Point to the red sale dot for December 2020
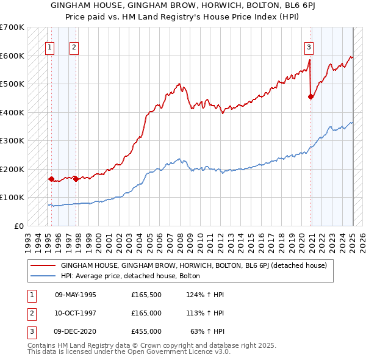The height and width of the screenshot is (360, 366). click(x=311, y=96)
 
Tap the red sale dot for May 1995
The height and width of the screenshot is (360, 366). click(x=51, y=179)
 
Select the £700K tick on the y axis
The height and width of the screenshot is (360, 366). click(x=12, y=27)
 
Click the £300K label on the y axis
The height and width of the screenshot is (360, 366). click(x=12, y=141)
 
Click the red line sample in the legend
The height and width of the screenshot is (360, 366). click(x=43, y=265)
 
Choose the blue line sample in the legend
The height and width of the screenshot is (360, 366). click(x=43, y=276)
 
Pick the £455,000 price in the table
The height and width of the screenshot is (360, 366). click(x=146, y=331)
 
